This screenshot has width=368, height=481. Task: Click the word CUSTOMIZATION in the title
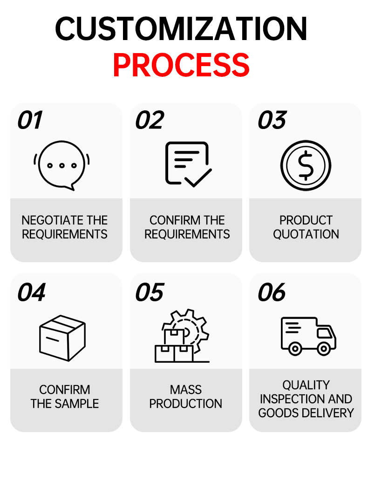coord(181,28)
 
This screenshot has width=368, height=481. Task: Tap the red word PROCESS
coord(181,65)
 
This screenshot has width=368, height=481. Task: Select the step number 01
coord(30,120)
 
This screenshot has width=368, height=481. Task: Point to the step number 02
coord(150,120)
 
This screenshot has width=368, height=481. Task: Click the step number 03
coord(272,120)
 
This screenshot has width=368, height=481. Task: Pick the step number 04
coord(31,292)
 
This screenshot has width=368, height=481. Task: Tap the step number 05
coord(150,292)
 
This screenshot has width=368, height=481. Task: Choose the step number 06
coord(272,292)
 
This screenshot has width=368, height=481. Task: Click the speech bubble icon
coord(61,166)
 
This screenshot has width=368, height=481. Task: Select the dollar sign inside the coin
coord(306,165)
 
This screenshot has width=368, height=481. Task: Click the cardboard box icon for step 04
coord(62,338)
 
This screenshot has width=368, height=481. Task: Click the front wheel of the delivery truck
coord(323,348)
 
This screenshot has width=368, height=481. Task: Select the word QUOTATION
coord(306,234)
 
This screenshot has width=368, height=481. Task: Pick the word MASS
coord(186,390)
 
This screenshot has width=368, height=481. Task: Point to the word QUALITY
coord(306,385)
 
